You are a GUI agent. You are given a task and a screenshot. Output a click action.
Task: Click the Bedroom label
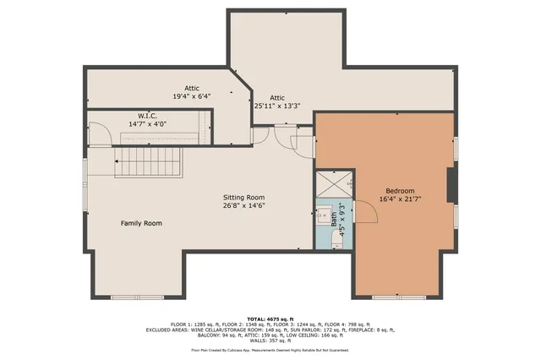(401, 191)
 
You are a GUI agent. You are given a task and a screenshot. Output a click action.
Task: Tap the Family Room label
(140, 223)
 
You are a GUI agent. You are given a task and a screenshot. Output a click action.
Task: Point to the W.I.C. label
(147, 115)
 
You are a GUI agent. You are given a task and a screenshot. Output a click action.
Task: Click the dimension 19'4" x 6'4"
(191, 96)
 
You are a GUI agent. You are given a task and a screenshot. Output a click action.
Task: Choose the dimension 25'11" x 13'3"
(277, 106)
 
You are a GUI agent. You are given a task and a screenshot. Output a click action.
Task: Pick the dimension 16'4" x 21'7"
(401, 200)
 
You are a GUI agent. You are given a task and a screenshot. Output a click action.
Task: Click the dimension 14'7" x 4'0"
(147, 124)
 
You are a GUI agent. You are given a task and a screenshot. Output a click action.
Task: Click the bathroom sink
(324, 215)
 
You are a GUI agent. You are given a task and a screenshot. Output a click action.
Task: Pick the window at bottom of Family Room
(137, 297)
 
